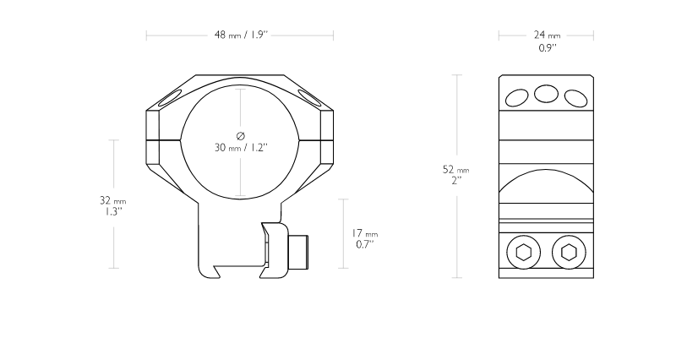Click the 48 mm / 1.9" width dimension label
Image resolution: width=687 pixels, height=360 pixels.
241,35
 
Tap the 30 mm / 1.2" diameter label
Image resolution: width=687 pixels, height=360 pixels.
241,148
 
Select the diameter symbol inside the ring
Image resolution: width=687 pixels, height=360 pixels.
241,136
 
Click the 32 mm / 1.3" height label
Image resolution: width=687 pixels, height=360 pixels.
112,206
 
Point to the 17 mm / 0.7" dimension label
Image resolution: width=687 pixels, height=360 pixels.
364,238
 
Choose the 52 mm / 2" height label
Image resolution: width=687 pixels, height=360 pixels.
455,174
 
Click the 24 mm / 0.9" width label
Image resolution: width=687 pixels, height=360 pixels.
547,41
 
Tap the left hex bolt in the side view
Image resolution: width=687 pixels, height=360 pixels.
524,253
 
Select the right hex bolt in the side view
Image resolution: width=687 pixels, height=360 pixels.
569,253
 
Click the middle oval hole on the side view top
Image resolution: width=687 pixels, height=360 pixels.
547,94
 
